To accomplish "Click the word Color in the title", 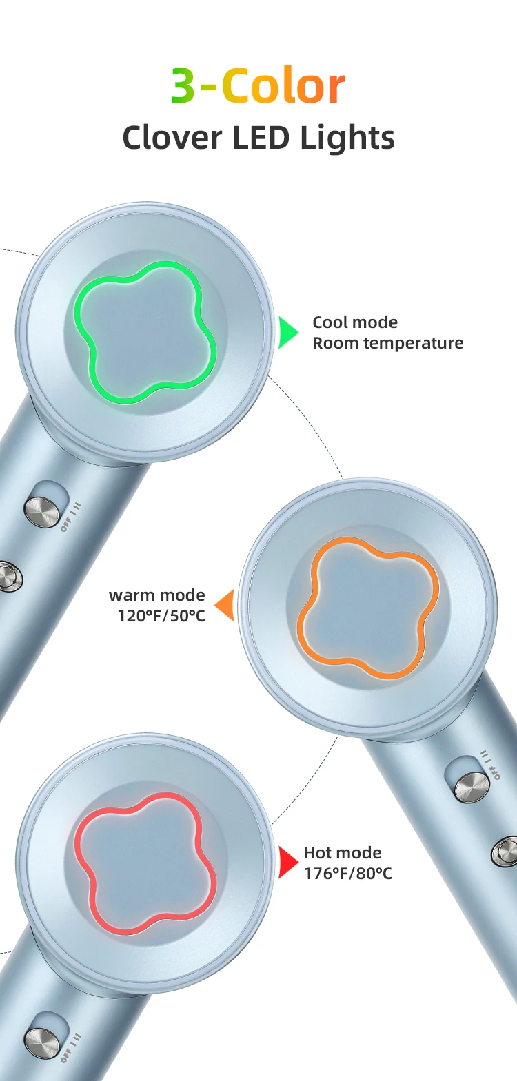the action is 283,86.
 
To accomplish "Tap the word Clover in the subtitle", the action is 172,137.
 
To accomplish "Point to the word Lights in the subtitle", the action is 347,137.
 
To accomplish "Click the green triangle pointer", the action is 287,333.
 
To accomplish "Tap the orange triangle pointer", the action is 225,605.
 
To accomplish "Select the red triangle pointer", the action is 287,863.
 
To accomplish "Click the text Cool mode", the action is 355,322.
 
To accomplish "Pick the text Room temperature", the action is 387,343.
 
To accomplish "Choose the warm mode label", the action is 157,595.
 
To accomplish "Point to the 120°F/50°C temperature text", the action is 161,615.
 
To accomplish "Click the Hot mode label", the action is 342,853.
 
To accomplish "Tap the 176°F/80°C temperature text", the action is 347,873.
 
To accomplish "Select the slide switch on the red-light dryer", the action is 43,1042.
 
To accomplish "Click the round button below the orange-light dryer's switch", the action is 505,852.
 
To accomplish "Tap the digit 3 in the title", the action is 183,86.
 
